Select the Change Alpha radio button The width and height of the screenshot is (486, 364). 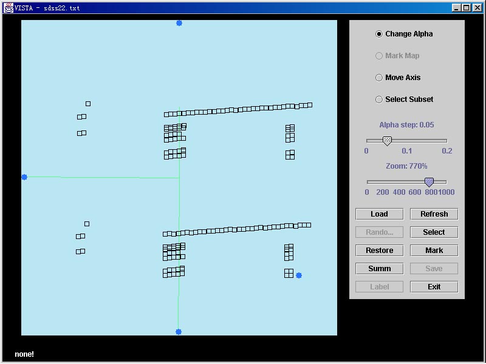click(x=378, y=34)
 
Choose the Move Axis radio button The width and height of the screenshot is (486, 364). click(x=378, y=78)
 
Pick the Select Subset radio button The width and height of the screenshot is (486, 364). click(x=378, y=99)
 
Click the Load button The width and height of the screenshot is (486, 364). click(x=379, y=214)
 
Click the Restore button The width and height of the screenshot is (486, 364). click(x=379, y=251)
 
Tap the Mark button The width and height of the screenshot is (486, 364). click(x=434, y=251)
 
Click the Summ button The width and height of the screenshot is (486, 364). click(x=379, y=269)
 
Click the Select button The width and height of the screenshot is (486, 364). click(x=434, y=232)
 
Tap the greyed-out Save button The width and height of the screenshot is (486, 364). click(x=434, y=269)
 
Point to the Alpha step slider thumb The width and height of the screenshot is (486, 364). click(x=387, y=141)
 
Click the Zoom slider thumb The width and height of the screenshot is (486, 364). click(x=429, y=183)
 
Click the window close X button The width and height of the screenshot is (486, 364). click(x=477, y=8)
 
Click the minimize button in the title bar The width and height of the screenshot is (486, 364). click(x=456, y=8)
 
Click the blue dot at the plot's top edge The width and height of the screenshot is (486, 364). click(x=179, y=23)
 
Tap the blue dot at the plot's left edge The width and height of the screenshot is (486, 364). click(x=24, y=177)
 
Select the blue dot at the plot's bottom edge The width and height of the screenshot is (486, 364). click(x=179, y=332)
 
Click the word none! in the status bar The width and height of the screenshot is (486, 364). click(x=24, y=354)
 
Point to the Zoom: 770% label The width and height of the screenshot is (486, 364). click(x=406, y=166)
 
